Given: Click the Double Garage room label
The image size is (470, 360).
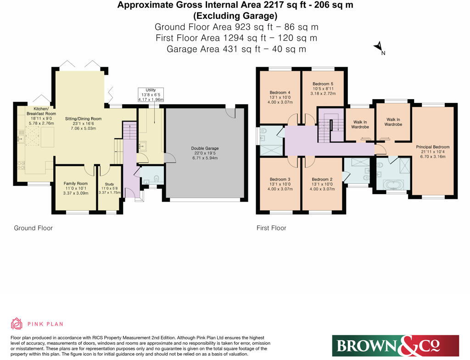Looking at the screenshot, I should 205,148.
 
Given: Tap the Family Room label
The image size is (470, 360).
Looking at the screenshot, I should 75,184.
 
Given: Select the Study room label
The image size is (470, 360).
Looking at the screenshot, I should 109,184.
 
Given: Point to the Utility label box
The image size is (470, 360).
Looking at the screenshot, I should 151,95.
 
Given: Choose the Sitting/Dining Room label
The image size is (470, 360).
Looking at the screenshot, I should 83,118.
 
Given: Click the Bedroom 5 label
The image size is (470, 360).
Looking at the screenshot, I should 323,84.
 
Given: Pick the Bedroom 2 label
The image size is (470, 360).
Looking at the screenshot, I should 322,179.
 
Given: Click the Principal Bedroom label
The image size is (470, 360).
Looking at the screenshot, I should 433,147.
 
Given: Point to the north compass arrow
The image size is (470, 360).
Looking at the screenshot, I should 379,47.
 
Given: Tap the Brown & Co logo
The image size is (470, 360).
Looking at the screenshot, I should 395,345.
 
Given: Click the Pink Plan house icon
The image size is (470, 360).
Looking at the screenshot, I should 17,324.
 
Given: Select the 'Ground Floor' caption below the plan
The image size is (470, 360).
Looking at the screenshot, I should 33,228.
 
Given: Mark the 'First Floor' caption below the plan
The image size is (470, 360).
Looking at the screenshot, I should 271,228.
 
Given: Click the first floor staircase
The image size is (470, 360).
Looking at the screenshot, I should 330,123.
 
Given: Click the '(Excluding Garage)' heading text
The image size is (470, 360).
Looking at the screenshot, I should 235,16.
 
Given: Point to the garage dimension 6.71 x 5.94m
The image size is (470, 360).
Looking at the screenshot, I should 205,157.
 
